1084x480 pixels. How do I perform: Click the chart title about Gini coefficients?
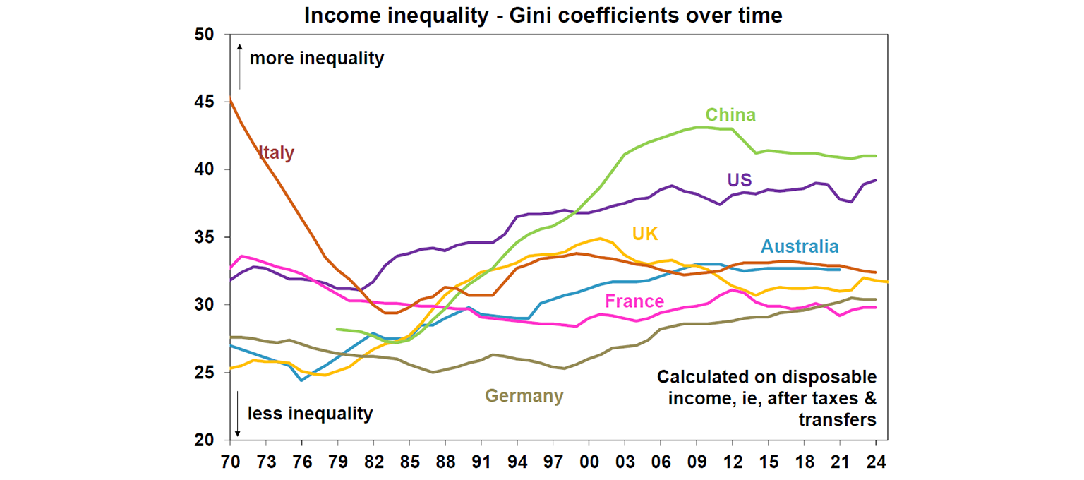543,15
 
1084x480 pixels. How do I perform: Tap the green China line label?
730,114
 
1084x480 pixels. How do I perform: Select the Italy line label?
276,152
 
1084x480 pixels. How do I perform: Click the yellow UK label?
646,234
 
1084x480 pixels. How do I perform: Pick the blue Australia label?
800,246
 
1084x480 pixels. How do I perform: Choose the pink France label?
634,302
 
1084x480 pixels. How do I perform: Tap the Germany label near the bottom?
524,396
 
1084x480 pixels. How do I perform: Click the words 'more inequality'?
317,58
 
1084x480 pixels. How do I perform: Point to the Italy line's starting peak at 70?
231,99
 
